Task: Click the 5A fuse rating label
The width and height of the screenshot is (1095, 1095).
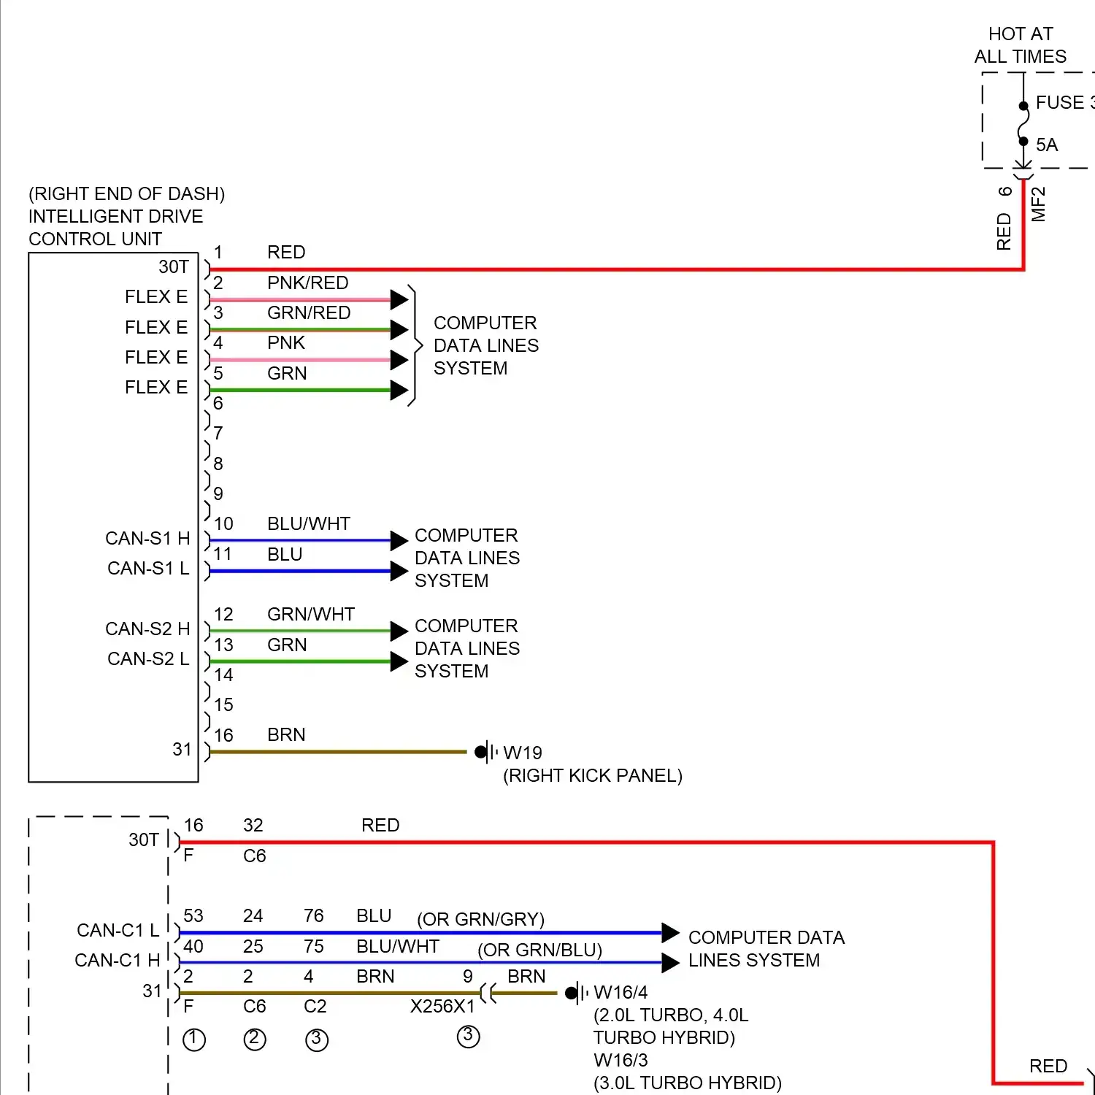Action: pos(1046,145)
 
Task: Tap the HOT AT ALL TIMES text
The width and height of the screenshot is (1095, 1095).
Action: pos(1020,45)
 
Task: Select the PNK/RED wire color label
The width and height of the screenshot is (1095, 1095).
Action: pos(307,283)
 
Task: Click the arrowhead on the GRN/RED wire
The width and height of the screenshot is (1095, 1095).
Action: pos(399,330)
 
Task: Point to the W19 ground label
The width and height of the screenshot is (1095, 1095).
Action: pos(523,753)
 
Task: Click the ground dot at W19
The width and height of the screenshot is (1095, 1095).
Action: pos(480,752)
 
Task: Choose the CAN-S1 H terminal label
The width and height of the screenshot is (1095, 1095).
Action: pos(147,539)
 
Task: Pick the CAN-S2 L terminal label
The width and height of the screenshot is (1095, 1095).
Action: pos(148,659)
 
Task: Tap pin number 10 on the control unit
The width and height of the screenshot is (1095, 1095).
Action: pos(223,524)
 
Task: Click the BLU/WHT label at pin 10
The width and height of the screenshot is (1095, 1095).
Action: pos(309,524)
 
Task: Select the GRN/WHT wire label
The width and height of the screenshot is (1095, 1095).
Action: pos(311,615)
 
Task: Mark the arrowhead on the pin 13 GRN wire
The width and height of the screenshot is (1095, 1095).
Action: pos(399,661)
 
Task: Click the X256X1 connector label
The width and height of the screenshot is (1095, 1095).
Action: pos(442,1007)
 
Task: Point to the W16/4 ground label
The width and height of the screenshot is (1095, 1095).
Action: pos(620,993)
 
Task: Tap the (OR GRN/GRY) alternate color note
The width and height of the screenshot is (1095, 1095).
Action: pos(480,920)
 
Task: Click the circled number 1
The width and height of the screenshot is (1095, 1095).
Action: pos(194,1040)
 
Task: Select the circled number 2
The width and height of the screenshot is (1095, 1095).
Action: pos(255,1039)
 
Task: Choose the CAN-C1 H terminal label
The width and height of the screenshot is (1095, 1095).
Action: pos(117,961)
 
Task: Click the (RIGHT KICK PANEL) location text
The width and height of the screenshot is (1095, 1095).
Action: pos(593,776)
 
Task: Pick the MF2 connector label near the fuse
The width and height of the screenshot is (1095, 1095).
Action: pos(1038,204)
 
